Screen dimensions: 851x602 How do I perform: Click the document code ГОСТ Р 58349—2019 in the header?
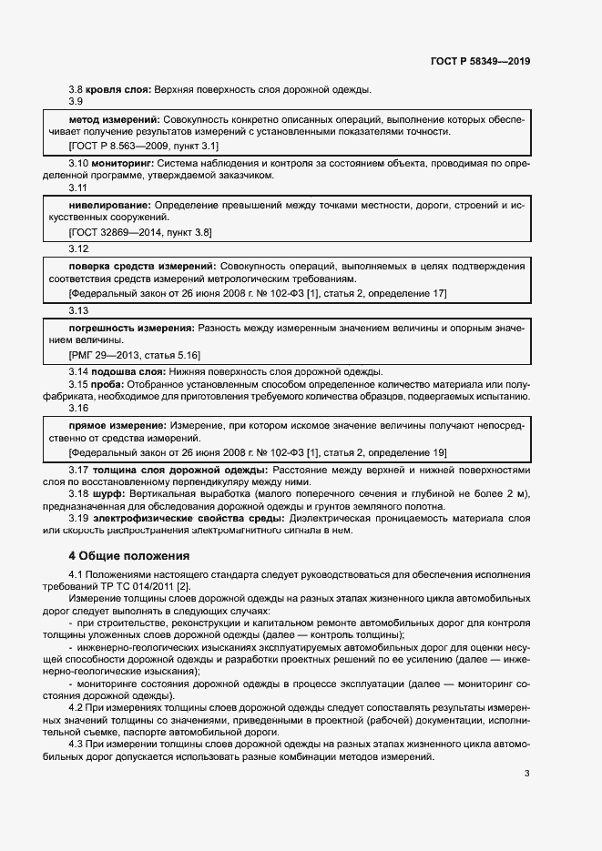(x=480, y=62)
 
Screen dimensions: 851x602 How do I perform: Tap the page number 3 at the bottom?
(x=526, y=773)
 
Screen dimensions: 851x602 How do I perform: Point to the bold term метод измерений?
(x=114, y=119)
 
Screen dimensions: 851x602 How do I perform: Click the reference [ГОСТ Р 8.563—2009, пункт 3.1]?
(x=143, y=145)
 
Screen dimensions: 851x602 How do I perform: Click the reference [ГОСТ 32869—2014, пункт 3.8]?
(x=140, y=231)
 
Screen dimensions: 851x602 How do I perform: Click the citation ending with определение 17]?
(x=258, y=292)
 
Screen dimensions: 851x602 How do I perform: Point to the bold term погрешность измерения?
(x=131, y=327)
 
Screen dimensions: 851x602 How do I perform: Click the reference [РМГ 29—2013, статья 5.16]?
(x=134, y=353)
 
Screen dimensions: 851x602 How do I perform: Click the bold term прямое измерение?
(x=117, y=426)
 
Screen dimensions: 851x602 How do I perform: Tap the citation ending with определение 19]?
(x=258, y=452)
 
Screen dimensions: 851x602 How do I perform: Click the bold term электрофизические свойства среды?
(x=173, y=518)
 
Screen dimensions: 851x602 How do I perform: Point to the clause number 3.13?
(x=78, y=309)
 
